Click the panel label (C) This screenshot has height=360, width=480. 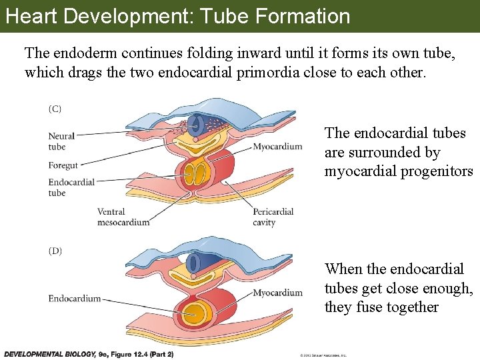tap(55, 109)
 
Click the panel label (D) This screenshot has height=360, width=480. tap(55, 251)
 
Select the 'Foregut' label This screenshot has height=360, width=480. tap(63, 165)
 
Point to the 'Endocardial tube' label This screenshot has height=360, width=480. tap(71, 187)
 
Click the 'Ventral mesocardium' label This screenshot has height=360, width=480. tap(123, 217)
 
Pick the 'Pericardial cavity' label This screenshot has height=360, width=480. tap(273, 217)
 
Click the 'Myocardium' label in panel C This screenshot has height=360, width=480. tap(277, 147)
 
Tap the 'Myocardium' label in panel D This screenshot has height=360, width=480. tap(277, 293)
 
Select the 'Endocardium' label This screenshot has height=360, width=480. tap(75, 299)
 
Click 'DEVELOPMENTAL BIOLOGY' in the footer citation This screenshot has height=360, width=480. tap(45, 354)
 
